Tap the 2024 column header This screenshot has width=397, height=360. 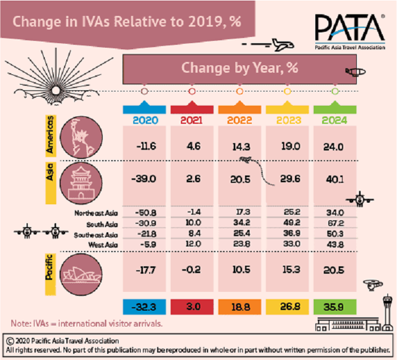334,120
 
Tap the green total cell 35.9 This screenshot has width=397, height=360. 334,307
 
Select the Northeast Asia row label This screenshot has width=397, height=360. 95,213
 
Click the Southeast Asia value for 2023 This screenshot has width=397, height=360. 287,233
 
